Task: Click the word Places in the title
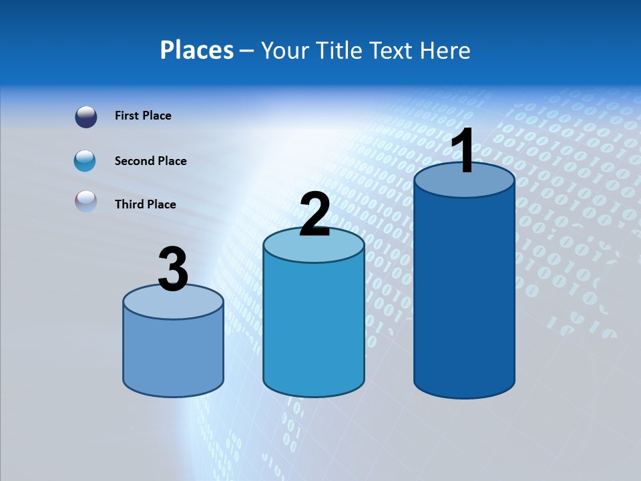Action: click(x=197, y=50)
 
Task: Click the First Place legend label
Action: click(x=143, y=116)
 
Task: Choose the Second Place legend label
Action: click(x=150, y=161)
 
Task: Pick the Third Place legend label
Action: click(x=145, y=204)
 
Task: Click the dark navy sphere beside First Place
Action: click(x=85, y=117)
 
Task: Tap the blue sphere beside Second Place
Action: click(x=85, y=161)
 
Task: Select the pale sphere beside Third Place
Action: click(x=85, y=202)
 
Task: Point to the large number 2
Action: click(x=314, y=215)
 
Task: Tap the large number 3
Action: click(x=173, y=270)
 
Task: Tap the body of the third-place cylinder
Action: click(x=173, y=354)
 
